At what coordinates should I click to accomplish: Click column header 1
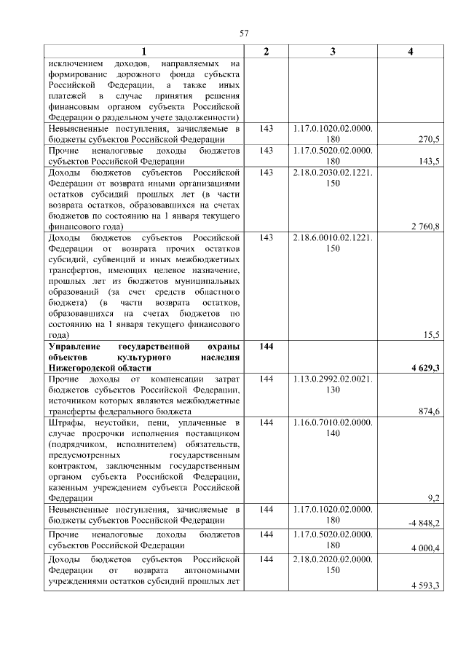pos(143,52)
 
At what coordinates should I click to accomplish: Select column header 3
pos(333,52)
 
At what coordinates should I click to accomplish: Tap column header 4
pos(411,52)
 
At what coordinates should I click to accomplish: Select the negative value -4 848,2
pos(423,522)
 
